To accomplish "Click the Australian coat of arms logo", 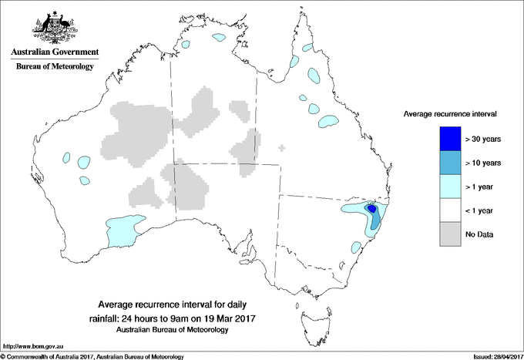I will [54, 28].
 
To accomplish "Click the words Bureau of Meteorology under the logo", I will [55, 67].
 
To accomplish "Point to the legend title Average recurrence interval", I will [450, 113].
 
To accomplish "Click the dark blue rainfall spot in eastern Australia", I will [371, 208].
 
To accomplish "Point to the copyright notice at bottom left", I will [92, 356].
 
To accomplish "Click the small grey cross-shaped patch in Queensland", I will [282, 147].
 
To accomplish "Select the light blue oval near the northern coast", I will [221, 36].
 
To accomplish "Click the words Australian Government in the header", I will [55, 53].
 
